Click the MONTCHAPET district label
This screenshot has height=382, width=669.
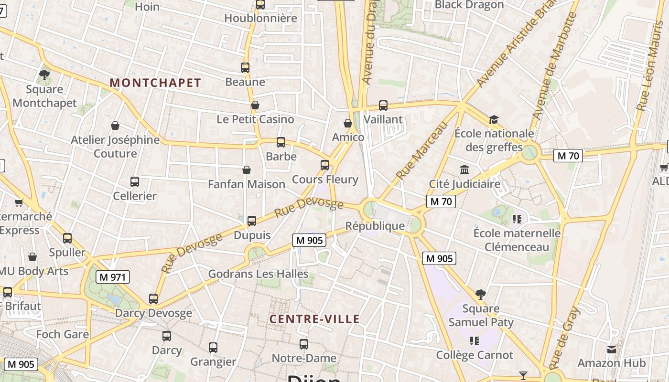155,83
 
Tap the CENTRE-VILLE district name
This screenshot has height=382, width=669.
314,319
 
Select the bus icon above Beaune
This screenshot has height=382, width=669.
245,68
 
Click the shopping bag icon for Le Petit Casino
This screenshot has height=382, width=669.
255,105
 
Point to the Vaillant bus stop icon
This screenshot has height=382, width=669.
383,106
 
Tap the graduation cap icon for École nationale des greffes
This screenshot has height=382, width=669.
494,119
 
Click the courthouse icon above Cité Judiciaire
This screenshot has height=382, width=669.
464,170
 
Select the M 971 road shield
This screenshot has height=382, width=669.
112,277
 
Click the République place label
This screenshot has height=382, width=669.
375,226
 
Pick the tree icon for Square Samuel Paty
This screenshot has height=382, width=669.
481,294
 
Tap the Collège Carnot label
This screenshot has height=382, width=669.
475,355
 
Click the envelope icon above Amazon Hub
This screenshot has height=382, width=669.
611,349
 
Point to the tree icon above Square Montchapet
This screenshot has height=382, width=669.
44,75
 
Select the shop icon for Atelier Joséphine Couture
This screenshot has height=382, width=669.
115,126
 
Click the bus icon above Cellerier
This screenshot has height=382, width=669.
135,182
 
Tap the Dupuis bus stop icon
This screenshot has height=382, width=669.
252,221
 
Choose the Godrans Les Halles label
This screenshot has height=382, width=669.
258,274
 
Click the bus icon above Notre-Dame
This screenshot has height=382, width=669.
304,344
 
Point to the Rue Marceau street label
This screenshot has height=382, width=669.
422,150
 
